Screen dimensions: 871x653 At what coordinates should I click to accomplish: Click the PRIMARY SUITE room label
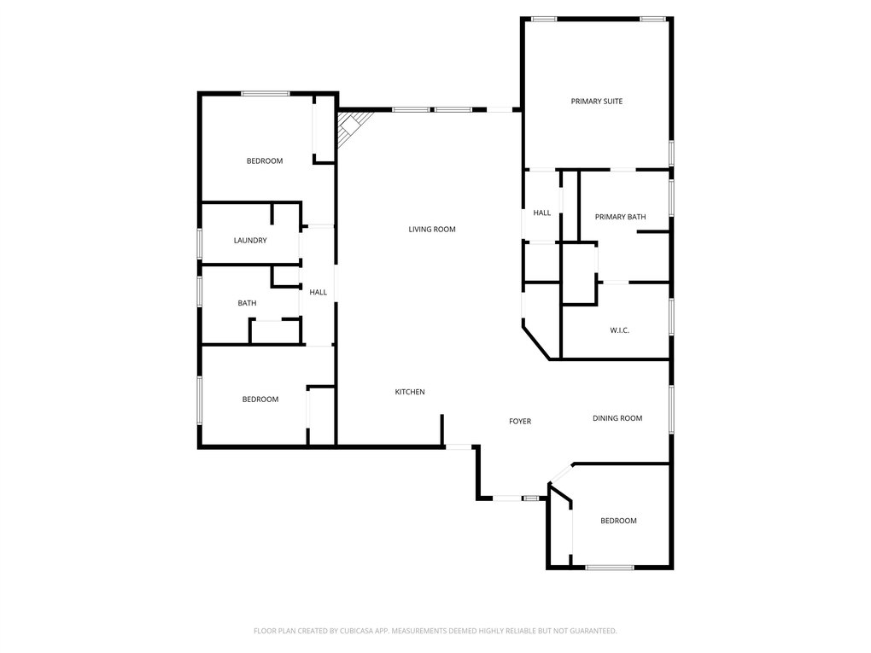597,101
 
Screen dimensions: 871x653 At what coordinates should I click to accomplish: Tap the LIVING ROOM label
431,230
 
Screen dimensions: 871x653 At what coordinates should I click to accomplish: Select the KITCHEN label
409,392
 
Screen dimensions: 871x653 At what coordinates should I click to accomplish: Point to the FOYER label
520,422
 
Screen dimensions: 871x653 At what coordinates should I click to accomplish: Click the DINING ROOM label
617,418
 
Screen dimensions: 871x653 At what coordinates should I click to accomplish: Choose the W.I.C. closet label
619,330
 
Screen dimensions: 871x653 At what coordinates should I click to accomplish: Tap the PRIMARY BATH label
620,217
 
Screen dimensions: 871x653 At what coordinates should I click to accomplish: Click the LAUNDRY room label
250,241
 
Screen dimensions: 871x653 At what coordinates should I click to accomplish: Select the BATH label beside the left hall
247,303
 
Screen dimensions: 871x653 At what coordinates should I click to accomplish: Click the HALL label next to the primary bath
541,213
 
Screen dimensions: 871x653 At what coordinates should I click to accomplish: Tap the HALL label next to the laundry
318,292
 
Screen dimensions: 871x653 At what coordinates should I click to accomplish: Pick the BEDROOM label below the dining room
618,521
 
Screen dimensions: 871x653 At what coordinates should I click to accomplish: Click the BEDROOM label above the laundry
265,161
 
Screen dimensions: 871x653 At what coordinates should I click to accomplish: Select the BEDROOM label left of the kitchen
260,399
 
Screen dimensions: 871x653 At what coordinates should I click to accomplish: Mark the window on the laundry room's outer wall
200,243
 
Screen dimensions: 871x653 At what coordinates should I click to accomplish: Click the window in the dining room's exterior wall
671,409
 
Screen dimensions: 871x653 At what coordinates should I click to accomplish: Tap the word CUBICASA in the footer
359,631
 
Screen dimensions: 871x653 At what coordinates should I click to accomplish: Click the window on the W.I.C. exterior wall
671,317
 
